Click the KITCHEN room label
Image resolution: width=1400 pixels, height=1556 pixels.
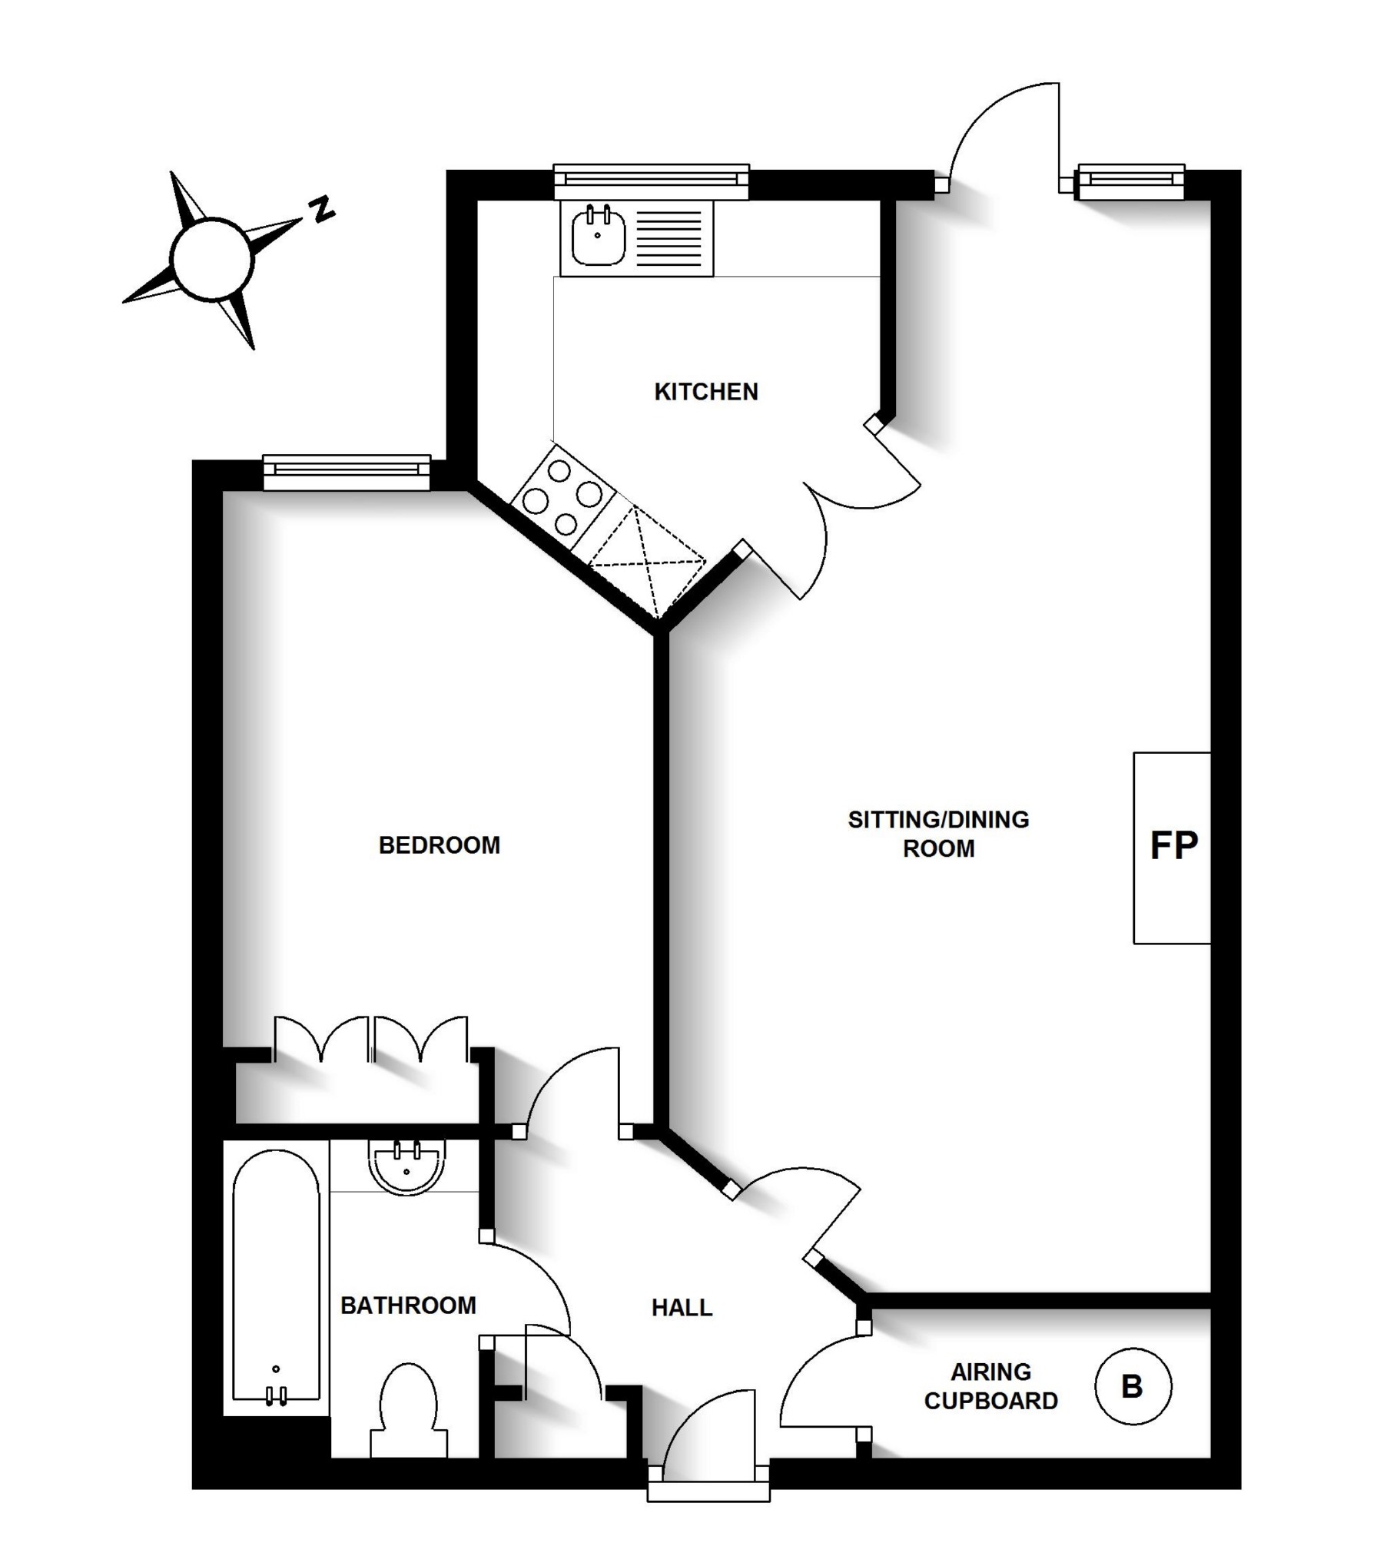pyautogui.click(x=705, y=392)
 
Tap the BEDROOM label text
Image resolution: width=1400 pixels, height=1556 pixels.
pyautogui.click(x=440, y=845)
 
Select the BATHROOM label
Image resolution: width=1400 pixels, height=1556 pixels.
pyautogui.click(x=408, y=1306)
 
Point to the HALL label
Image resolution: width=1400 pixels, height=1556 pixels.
pyautogui.click(x=682, y=1308)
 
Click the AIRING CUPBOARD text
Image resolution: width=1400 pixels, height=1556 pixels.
pyautogui.click(x=990, y=1386)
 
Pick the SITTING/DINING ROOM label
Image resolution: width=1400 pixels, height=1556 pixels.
pyautogui.click(x=938, y=834)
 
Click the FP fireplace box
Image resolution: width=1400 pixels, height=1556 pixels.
pyautogui.click(x=1173, y=847)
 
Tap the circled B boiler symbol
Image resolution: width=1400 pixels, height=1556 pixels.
pyautogui.click(x=1133, y=1386)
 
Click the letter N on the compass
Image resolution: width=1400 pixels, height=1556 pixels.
pyautogui.click(x=321, y=208)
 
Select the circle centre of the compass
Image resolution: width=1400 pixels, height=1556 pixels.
pyautogui.click(x=211, y=259)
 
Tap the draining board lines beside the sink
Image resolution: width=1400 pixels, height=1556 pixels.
pyautogui.click(x=670, y=237)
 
